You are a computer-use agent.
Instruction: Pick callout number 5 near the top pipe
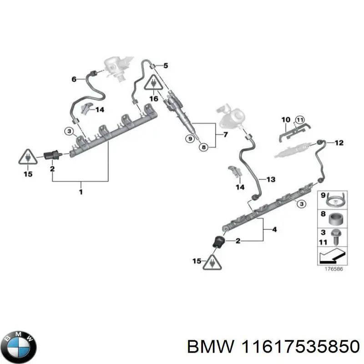(x=166, y=66)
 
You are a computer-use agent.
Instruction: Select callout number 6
(x=74, y=79)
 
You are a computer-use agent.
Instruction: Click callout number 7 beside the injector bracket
(x=224, y=136)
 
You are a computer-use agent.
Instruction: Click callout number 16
(x=153, y=98)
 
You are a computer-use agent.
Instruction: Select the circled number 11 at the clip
(x=299, y=120)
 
